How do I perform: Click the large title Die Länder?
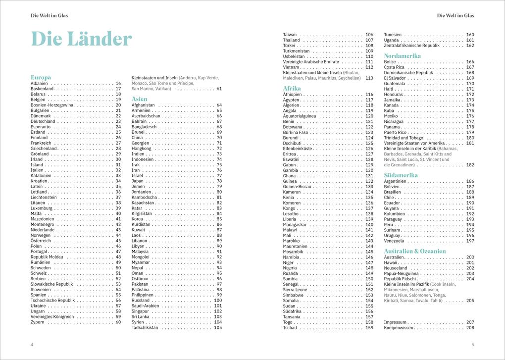tap(82, 39)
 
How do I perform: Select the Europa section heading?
tap(41, 77)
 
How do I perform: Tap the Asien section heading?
tap(139, 99)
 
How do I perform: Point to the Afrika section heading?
tap(292, 88)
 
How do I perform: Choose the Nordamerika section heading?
tap(403, 56)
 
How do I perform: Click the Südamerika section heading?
tap(401, 175)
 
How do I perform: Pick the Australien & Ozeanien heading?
tap(415, 251)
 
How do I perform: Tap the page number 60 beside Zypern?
tap(118, 322)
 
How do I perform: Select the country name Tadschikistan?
tap(145, 327)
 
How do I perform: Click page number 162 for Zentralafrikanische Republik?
tap(470, 46)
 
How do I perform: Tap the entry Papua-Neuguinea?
tap(402, 273)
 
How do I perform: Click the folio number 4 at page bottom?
tap(32, 344)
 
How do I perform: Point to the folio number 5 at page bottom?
tap(473, 344)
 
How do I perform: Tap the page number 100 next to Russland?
tap(218, 300)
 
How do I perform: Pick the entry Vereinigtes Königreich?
tap(52, 316)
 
